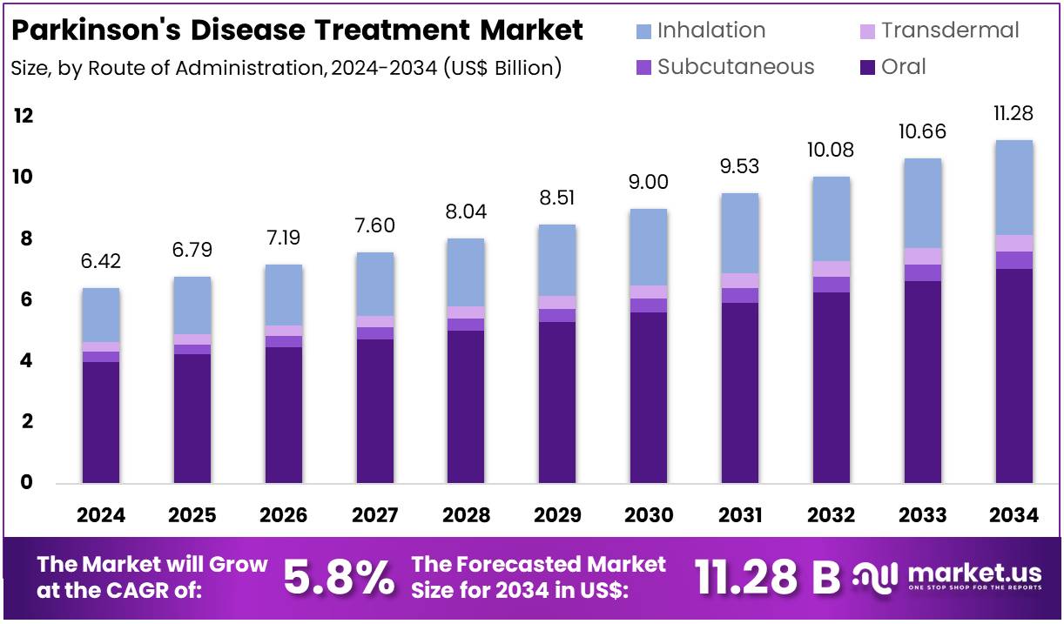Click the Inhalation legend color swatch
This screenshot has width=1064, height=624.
pos(643,31)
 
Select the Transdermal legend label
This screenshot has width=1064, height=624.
pos(949,30)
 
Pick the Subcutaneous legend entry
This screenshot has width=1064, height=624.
pos(736,67)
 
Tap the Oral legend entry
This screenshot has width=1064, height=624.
pos(903,67)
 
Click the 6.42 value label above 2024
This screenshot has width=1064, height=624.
pos(100,261)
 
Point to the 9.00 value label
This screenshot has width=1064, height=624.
pos(649,182)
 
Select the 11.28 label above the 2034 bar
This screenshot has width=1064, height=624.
pos(1014,114)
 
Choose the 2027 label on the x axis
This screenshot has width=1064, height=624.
pos(375,515)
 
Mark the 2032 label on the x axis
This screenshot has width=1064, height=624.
pos(832,515)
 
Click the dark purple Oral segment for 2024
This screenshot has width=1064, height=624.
pos(100,422)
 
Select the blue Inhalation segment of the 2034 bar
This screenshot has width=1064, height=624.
pos(1014,187)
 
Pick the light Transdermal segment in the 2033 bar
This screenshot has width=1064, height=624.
pos(923,256)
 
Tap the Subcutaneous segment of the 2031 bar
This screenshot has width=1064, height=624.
pos(740,295)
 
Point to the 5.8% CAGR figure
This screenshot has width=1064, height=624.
pos(339,576)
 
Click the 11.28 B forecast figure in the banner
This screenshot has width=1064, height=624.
pos(767,576)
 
